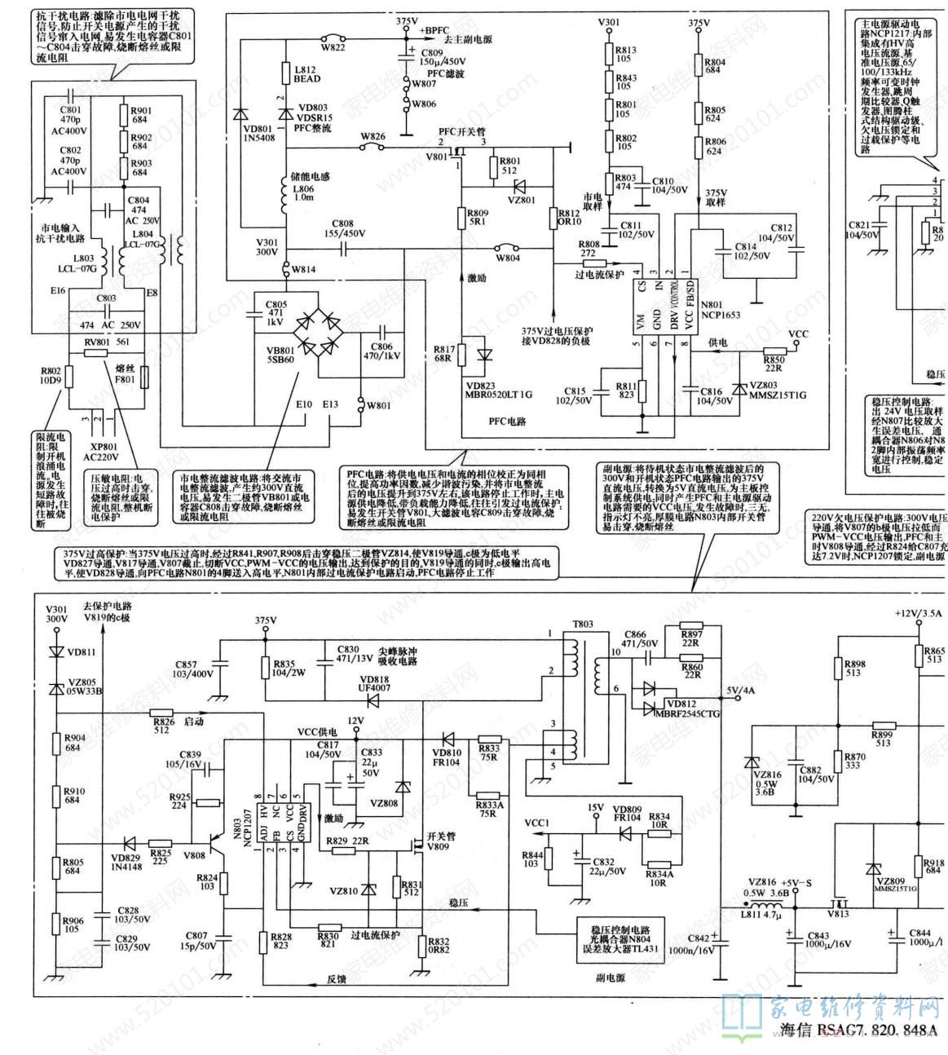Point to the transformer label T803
pos(582,624)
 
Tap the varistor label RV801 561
pos(108,342)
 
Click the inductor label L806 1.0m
pos(303,192)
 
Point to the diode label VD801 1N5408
pos(257,133)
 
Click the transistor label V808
pos(194,855)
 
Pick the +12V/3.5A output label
pos(918,613)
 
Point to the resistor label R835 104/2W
pos(285,669)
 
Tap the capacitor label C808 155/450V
pos(342,228)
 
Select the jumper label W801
pos(378,405)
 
